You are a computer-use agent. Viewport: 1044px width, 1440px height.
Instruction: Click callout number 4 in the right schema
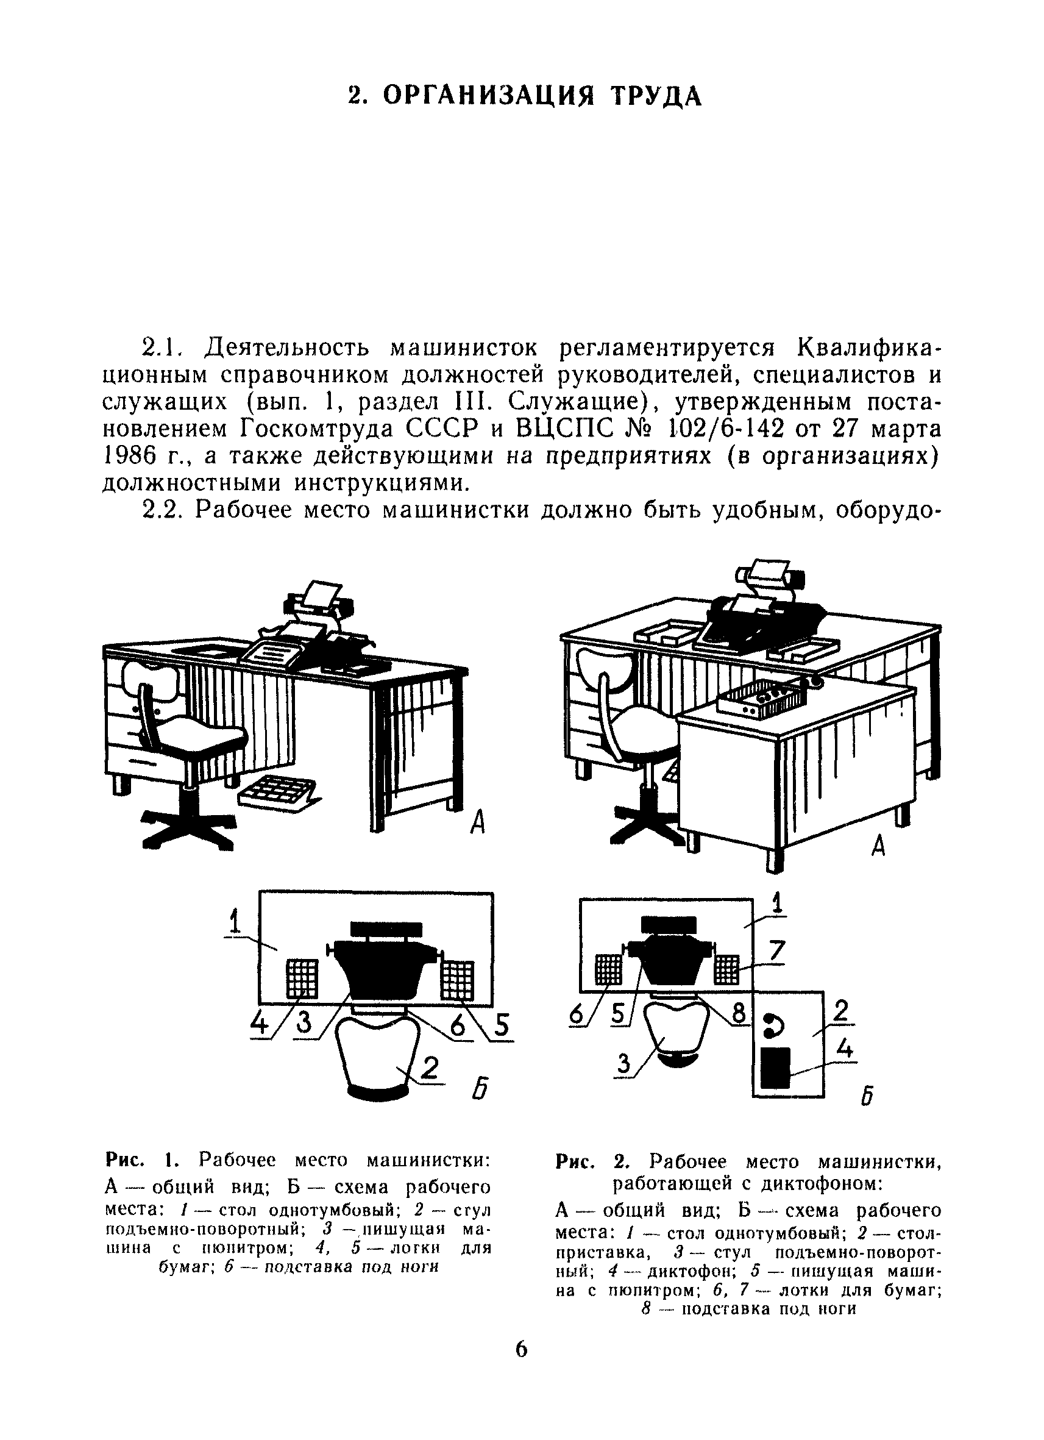[843, 1047]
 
